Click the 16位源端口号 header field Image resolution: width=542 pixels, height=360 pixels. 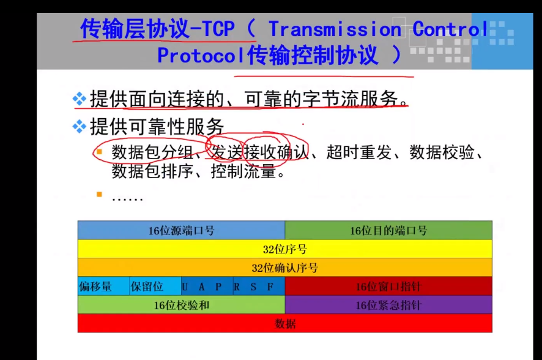[181, 230]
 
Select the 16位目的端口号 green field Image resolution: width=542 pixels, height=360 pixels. [388, 230]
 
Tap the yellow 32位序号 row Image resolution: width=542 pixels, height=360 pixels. [285, 249]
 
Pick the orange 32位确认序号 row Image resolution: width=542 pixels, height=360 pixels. [285, 268]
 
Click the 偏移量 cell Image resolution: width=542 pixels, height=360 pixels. [104, 286]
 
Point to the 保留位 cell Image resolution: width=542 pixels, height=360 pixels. [155, 286]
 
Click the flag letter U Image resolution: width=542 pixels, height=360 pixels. [185, 287]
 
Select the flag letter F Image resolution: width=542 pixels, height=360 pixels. [270, 287]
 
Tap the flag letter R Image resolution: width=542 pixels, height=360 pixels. [237, 287]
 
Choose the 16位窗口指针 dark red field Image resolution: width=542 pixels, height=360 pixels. [388, 286]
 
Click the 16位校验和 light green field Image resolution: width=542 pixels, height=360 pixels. [181, 305]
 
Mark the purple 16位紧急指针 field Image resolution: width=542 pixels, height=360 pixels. [388, 305]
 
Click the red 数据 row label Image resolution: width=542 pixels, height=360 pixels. [285, 324]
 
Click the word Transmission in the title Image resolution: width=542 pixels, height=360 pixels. [335, 29]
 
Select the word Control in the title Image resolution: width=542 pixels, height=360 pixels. [450, 29]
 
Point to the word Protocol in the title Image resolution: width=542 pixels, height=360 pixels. [202, 55]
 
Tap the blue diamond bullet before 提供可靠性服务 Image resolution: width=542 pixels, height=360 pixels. [80, 127]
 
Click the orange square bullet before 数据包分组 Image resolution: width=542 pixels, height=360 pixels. [99, 151]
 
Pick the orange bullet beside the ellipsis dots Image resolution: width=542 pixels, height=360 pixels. [99, 194]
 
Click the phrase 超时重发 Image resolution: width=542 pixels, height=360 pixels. [359, 152]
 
